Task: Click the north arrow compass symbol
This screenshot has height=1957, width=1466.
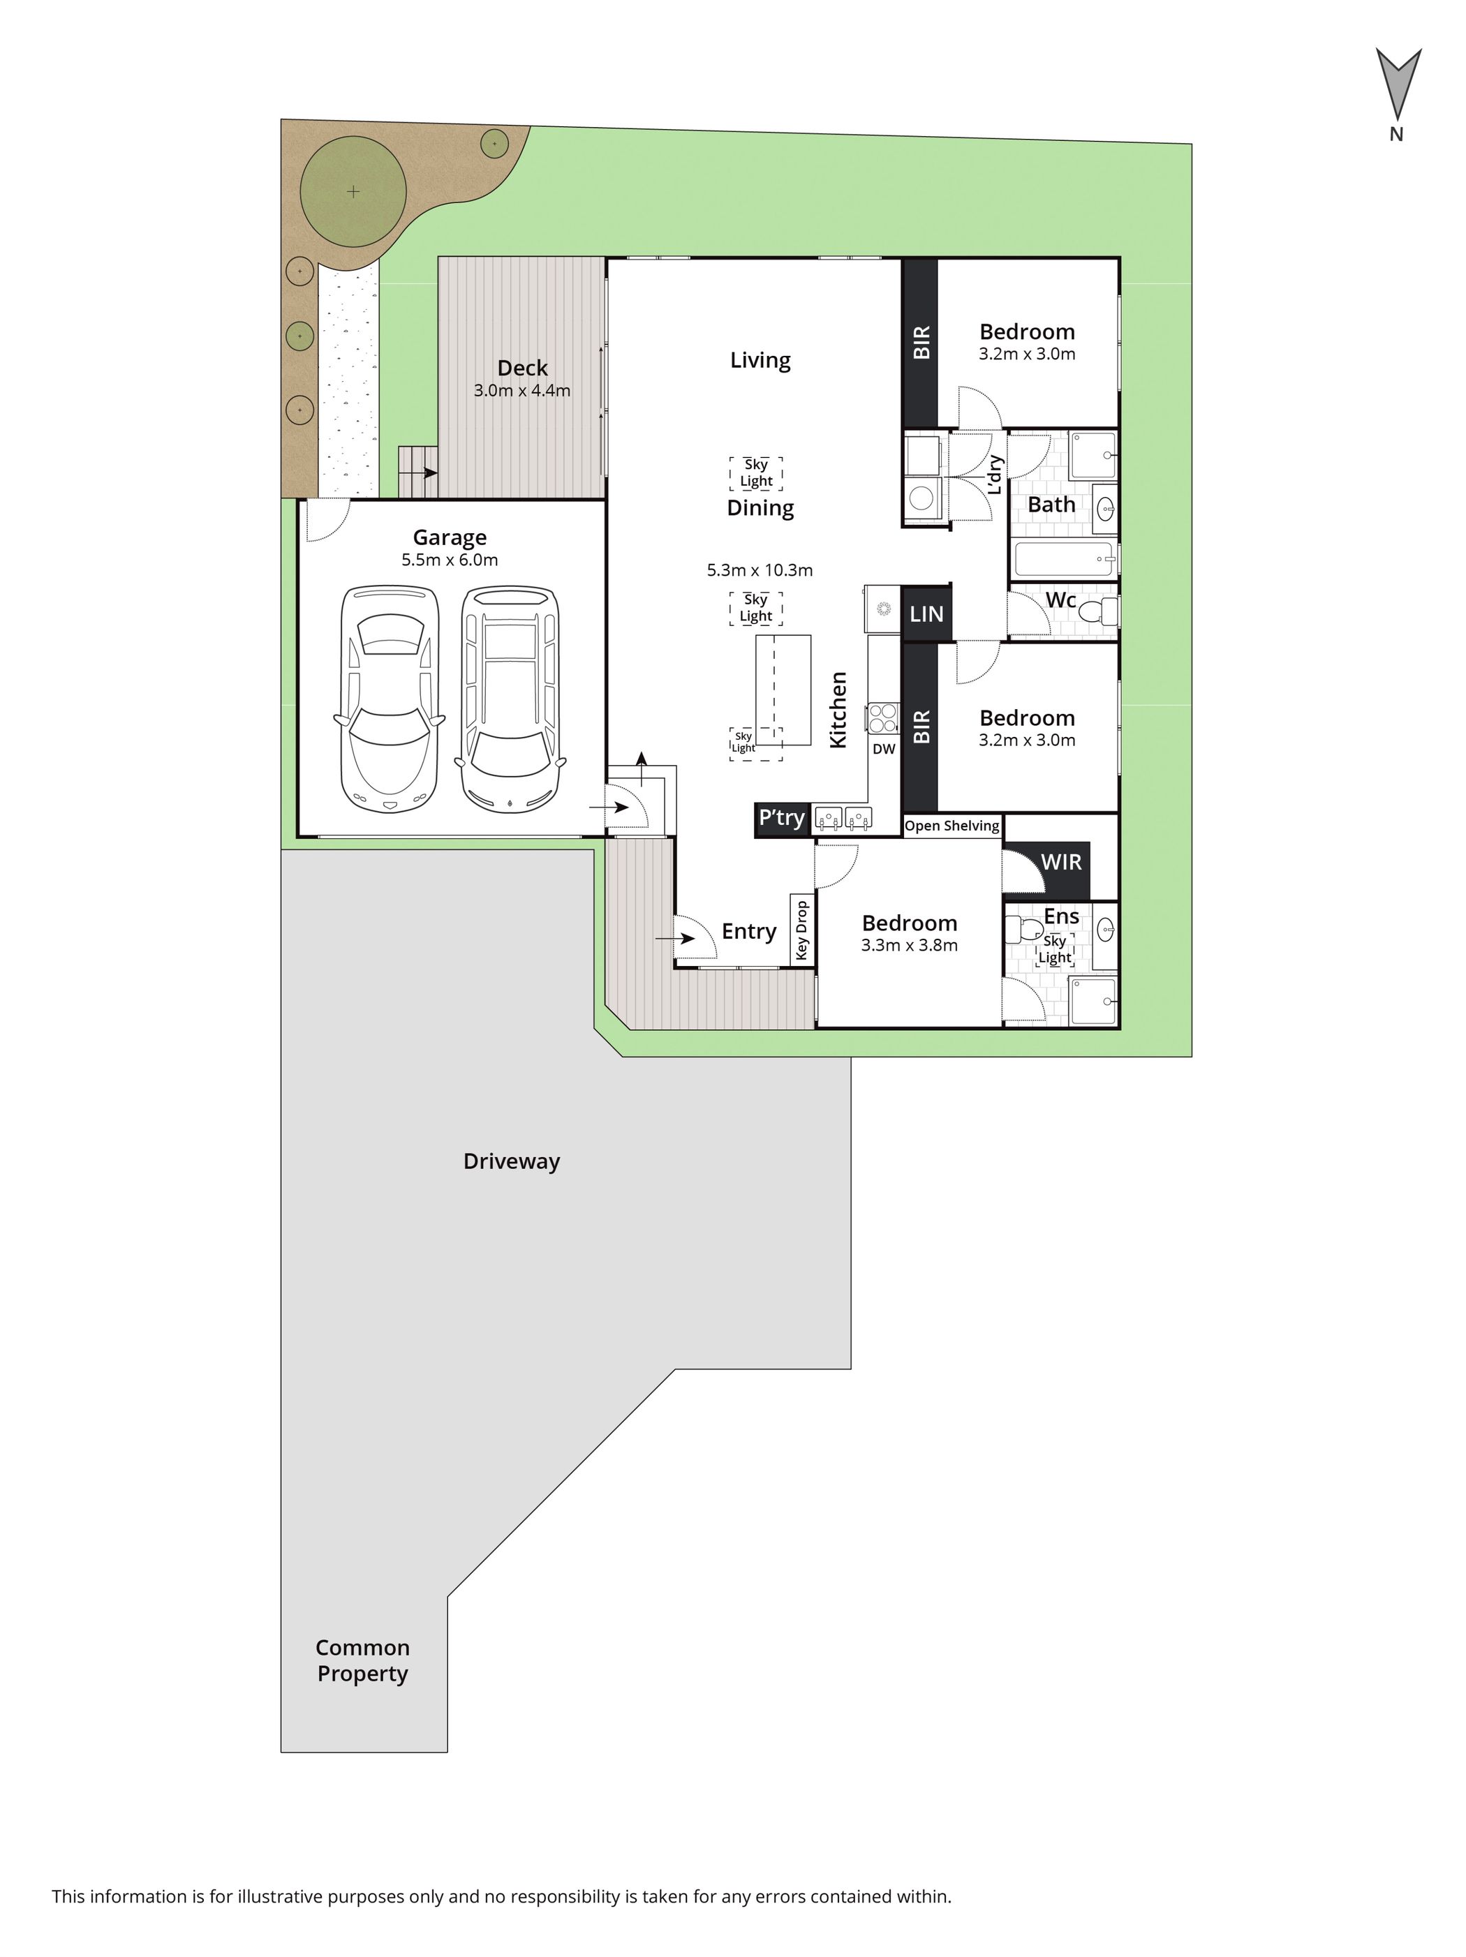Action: click(x=1397, y=86)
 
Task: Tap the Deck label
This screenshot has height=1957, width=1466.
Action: click(x=522, y=368)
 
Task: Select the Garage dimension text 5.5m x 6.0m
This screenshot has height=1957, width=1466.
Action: click(x=450, y=560)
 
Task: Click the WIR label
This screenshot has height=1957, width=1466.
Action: click(x=1061, y=862)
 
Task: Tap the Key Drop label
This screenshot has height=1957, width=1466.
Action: click(x=801, y=930)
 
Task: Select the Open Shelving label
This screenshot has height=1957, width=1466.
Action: click(x=952, y=826)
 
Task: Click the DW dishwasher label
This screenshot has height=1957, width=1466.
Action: click(x=884, y=748)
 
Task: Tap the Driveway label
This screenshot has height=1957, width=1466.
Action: click(x=512, y=1161)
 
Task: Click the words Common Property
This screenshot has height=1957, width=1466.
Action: click(x=363, y=1660)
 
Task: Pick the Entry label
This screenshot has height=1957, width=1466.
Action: click(x=748, y=932)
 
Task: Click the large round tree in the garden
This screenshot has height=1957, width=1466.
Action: click(x=353, y=191)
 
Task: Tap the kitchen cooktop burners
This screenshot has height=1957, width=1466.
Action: click(x=882, y=717)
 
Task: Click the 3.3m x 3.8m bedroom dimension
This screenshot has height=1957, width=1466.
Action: click(x=910, y=945)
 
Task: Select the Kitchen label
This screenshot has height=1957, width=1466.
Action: click(x=838, y=710)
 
